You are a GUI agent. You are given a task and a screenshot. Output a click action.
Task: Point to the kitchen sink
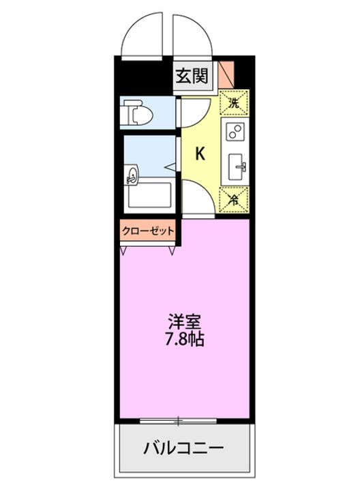[238, 164]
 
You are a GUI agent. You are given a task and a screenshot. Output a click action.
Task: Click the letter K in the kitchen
[200, 153]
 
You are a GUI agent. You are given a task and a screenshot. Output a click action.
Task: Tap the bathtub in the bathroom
[152, 196]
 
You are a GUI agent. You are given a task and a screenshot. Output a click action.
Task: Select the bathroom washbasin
[132, 177]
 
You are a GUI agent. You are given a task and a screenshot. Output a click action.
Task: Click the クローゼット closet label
[149, 231]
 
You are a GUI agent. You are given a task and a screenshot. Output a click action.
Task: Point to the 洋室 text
[185, 321]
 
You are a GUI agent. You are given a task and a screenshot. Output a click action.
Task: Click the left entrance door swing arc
[143, 34]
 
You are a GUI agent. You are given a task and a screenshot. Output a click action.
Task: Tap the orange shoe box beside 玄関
[226, 74]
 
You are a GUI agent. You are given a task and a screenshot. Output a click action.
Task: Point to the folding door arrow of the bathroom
[170, 166]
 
